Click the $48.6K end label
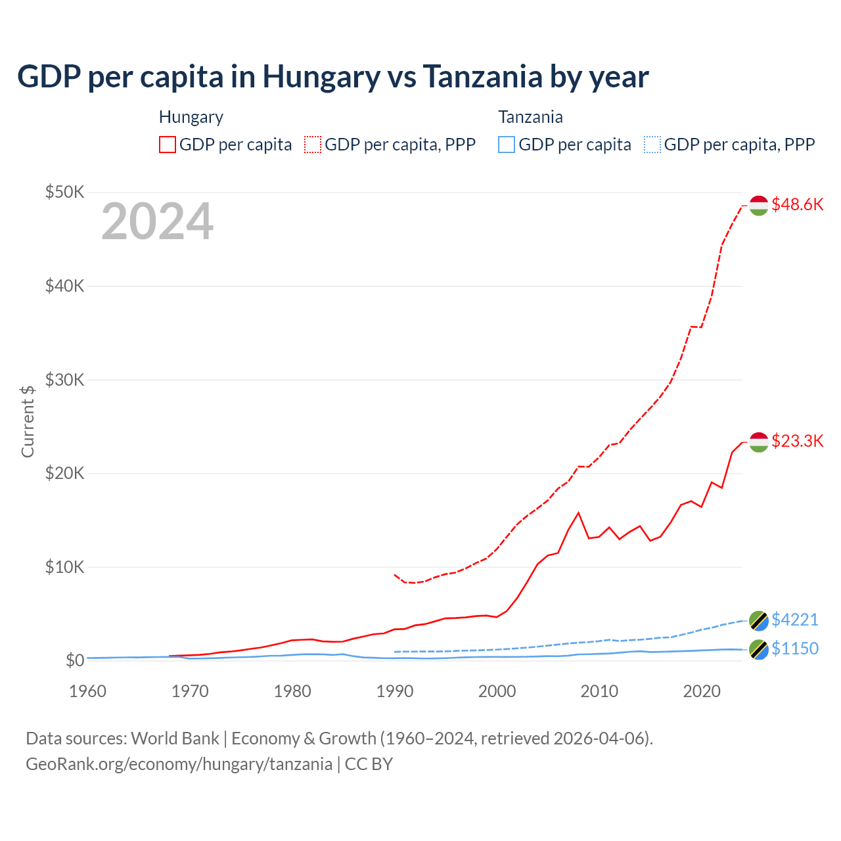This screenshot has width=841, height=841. click(x=797, y=204)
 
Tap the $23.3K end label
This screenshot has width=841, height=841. click(x=797, y=441)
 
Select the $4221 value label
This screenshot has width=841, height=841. click(x=794, y=620)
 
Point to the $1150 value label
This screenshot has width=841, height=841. click(x=794, y=648)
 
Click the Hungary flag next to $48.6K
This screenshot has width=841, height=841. click(x=759, y=205)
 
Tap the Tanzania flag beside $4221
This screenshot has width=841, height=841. click(x=759, y=620)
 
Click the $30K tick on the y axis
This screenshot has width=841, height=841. click(x=64, y=380)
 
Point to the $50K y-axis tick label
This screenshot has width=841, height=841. click(x=64, y=193)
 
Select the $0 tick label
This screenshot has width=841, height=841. click(x=75, y=660)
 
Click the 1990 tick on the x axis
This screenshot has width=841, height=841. click(x=395, y=691)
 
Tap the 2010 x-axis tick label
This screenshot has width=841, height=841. click(x=599, y=691)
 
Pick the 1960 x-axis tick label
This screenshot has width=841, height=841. click(x=88, y=691)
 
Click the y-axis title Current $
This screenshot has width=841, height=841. click(x=28, y=421)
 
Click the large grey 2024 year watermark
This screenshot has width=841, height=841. click(x=157, y=222)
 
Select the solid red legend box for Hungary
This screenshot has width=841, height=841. click(x=168, y=145)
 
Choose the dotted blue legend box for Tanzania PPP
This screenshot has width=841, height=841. click(x=652, y=145)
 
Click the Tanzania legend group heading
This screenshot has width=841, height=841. click(x=530, y=117)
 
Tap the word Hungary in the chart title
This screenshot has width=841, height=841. click(x=321, y=76)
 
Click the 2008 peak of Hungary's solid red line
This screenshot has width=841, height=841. click(x=578, y=512)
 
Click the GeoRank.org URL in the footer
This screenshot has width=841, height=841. click(x=179, y=764)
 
